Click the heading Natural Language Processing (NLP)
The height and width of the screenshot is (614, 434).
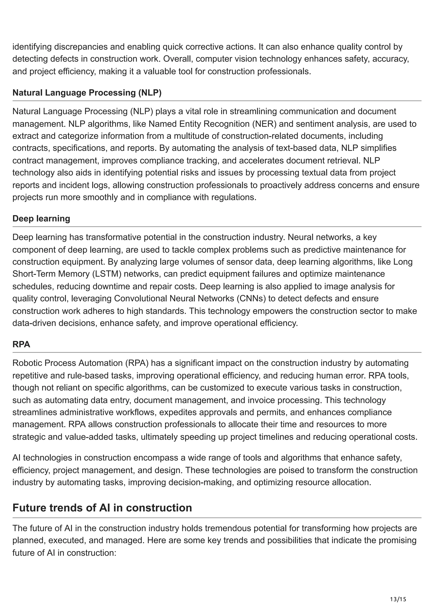[87, 93]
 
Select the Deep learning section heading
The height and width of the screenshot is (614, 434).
[41, 218]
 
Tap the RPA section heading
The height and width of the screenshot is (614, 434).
[21, 345]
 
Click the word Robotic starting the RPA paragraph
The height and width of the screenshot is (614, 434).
[27, 363]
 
